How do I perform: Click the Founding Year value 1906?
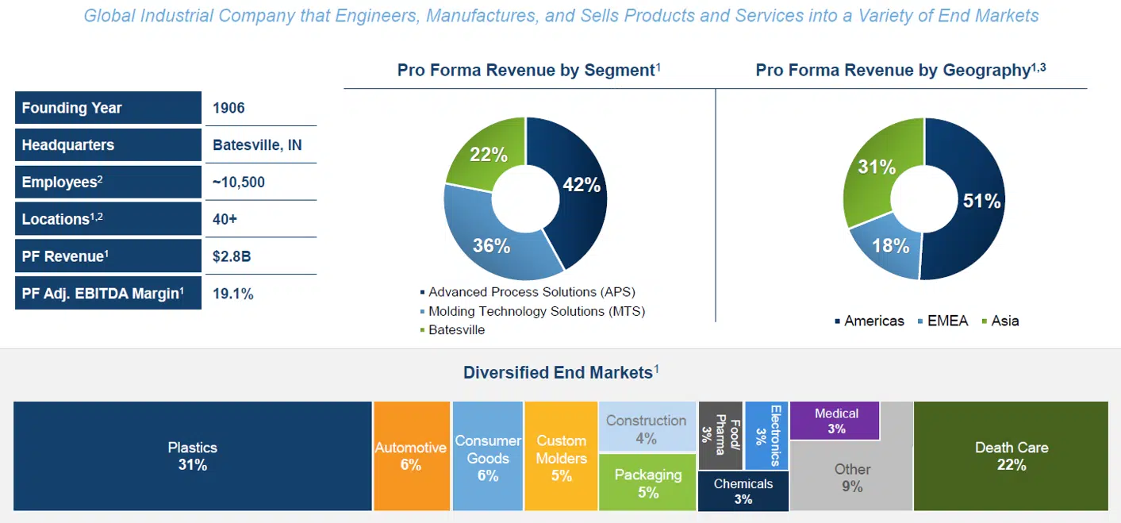click(x=228, y=109)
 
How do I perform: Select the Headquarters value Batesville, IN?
click(x=257, y=145)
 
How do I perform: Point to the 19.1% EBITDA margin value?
click(x=233, y=294)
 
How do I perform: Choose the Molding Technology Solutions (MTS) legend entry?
click(x=536, y=311)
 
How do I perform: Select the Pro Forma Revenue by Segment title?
click(x=525, y=71)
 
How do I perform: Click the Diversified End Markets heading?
click(x=559, y=372)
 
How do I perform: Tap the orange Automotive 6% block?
click(x=411, y=456)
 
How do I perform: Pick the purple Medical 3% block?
click(x=836, y=421)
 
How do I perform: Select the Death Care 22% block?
click(x=1011, y=456)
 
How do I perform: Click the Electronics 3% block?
click(x=766, y=436)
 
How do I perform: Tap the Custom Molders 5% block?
click(x=561, y=456)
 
